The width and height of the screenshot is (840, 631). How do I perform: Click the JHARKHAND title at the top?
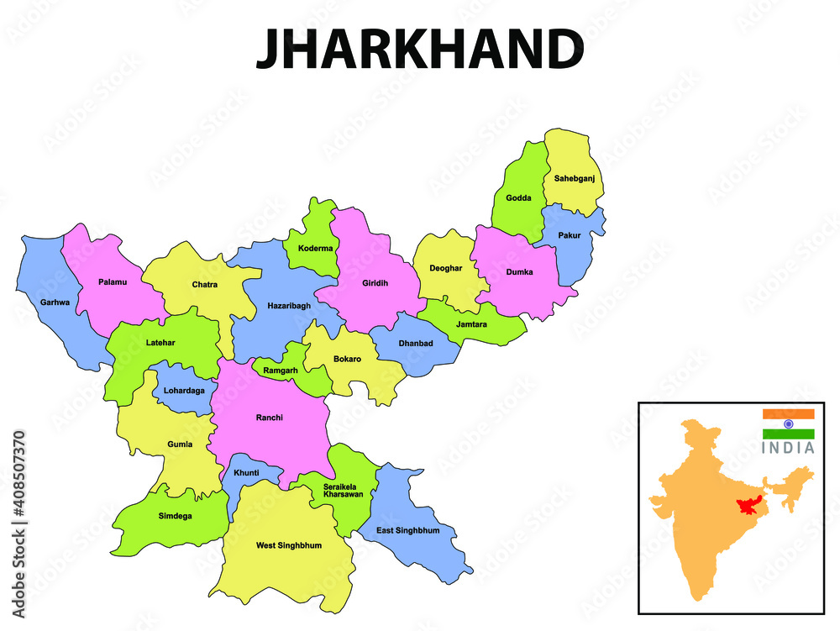[x=419, y=50]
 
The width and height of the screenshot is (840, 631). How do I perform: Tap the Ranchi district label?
[x=270, y=418]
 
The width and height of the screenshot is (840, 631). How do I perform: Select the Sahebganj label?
[x=574, y=178]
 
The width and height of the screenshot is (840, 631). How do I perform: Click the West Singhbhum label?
[x=288, y=545]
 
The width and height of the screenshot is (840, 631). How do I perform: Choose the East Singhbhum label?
[x=407, y=531]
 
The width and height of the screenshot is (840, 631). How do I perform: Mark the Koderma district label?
[x=315, y=249]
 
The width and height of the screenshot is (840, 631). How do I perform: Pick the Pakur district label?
[x=570, y=235]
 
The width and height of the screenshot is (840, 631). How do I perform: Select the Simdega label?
[x=175, y=516]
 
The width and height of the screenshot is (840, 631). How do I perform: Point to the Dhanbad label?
[x=416, y=344]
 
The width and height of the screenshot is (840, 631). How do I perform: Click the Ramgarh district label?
[x=280, y=371]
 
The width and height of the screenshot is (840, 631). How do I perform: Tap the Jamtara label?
[x=471, y=324]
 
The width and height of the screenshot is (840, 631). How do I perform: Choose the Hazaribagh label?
[x=289, y=306]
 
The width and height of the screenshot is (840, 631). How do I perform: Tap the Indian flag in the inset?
[x=788, y=424]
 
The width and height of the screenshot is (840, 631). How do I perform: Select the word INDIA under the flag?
[x=788, y=448]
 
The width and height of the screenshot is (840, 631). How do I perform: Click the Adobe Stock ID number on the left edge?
[x=18, y=487]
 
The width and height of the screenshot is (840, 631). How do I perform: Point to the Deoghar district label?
[x=445, y=268]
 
